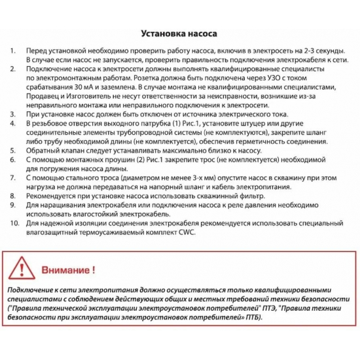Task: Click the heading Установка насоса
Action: [x=179, y=33]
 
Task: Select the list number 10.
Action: [x=14, y=223]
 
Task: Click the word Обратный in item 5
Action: [x=46, y=149]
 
